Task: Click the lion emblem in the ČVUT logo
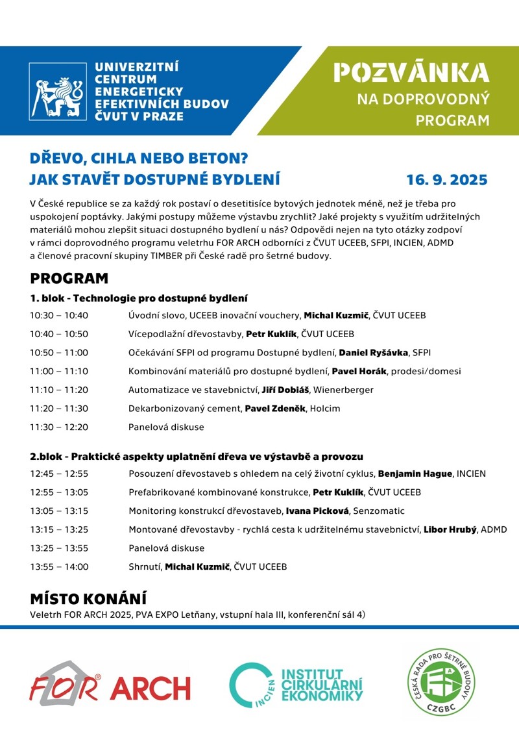[58, 92]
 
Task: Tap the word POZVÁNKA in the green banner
[411, 73]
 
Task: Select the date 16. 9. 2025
[446, 179]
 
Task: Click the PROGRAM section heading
[69, 279]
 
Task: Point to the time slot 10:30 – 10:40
[59, 316]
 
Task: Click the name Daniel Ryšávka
[374, 353]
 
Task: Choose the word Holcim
[324, 409]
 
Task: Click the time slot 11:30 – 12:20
[59, 427]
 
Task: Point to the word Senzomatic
[376, 511]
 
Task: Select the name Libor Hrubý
[450, 529]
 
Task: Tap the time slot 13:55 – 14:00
[59, 566]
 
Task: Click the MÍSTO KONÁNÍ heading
[88, 598]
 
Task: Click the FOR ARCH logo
[110, 684]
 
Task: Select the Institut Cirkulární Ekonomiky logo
[296, 685]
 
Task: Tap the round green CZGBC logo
[441, 681]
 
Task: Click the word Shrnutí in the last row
[145, 566]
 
